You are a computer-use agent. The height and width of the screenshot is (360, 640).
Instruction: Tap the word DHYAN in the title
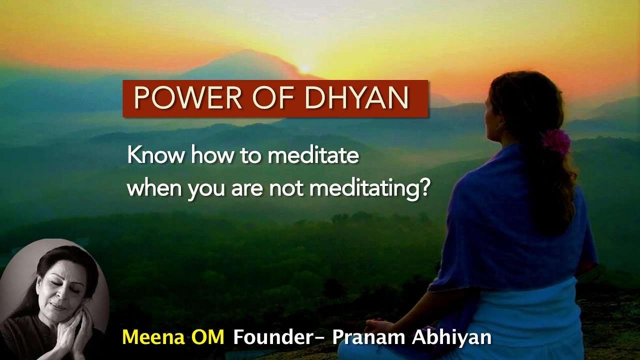[x=356, y=98]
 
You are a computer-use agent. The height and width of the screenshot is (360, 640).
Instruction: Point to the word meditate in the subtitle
[x=313, y=155]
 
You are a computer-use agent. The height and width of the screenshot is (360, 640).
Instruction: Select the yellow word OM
[x=206, y=337]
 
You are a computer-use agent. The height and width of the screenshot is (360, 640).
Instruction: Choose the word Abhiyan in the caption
[x=451, y=337]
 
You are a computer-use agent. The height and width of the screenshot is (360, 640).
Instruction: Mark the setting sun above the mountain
[x=303, y=68]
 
